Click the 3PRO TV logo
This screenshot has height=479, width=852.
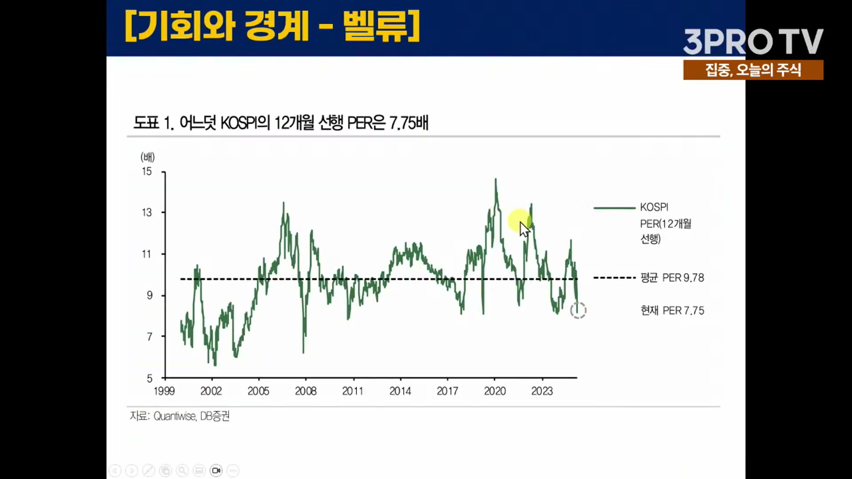(x=753, y=42)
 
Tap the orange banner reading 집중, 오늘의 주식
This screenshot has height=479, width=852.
(x=753, y=70)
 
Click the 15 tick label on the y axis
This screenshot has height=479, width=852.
(x=147, y=172)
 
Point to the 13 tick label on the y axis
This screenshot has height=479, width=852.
(x=147, y=213)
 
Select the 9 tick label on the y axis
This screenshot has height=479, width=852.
(x=150, y=295)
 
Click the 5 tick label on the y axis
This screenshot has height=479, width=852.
(x=150, y=378)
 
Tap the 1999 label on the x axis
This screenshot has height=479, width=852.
(x=164, y=391)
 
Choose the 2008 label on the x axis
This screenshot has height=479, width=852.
(x=306, y=391)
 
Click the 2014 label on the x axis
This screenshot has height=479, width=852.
(x=400, y=391)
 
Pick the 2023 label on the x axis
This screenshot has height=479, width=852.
(x=542, y=391)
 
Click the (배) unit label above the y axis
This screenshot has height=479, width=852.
(x=147, y=157)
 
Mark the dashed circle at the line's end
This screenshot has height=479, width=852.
(x=578, y=310)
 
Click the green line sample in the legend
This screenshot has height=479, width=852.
(x=614, y=208)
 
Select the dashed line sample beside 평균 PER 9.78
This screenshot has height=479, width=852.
(x=614, y=278)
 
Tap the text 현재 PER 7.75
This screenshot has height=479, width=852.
(x=672, y=310)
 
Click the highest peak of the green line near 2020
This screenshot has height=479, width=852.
(x=496, y=180)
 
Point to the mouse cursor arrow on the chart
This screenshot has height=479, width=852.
(x=525, y=229)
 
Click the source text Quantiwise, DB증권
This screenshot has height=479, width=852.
(x=191, y=416)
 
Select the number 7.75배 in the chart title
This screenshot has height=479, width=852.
(x=409, y=123)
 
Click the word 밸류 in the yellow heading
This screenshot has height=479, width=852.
(x=375, y=27)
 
